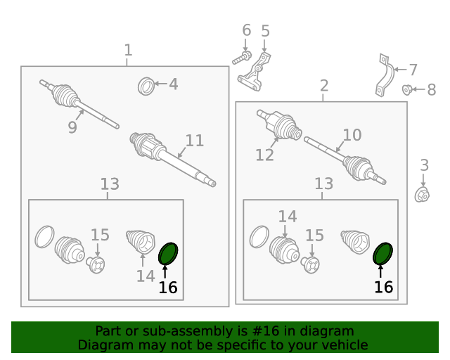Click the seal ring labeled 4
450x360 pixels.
146,86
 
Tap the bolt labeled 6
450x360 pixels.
242,58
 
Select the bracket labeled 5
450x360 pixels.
254,72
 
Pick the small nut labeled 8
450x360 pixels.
406,89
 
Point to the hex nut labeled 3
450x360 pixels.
422,194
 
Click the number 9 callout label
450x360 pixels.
72,127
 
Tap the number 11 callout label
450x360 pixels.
195,141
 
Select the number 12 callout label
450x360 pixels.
264,155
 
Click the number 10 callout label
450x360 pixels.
352,135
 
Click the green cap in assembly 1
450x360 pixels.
168,254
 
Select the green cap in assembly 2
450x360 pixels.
382,254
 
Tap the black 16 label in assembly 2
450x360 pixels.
383,287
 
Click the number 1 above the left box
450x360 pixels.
128,50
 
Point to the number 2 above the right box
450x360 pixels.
324,86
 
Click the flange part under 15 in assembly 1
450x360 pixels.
96,265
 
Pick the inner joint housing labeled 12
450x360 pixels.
279,124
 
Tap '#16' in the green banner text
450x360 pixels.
266,331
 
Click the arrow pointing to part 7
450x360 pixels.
401,69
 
